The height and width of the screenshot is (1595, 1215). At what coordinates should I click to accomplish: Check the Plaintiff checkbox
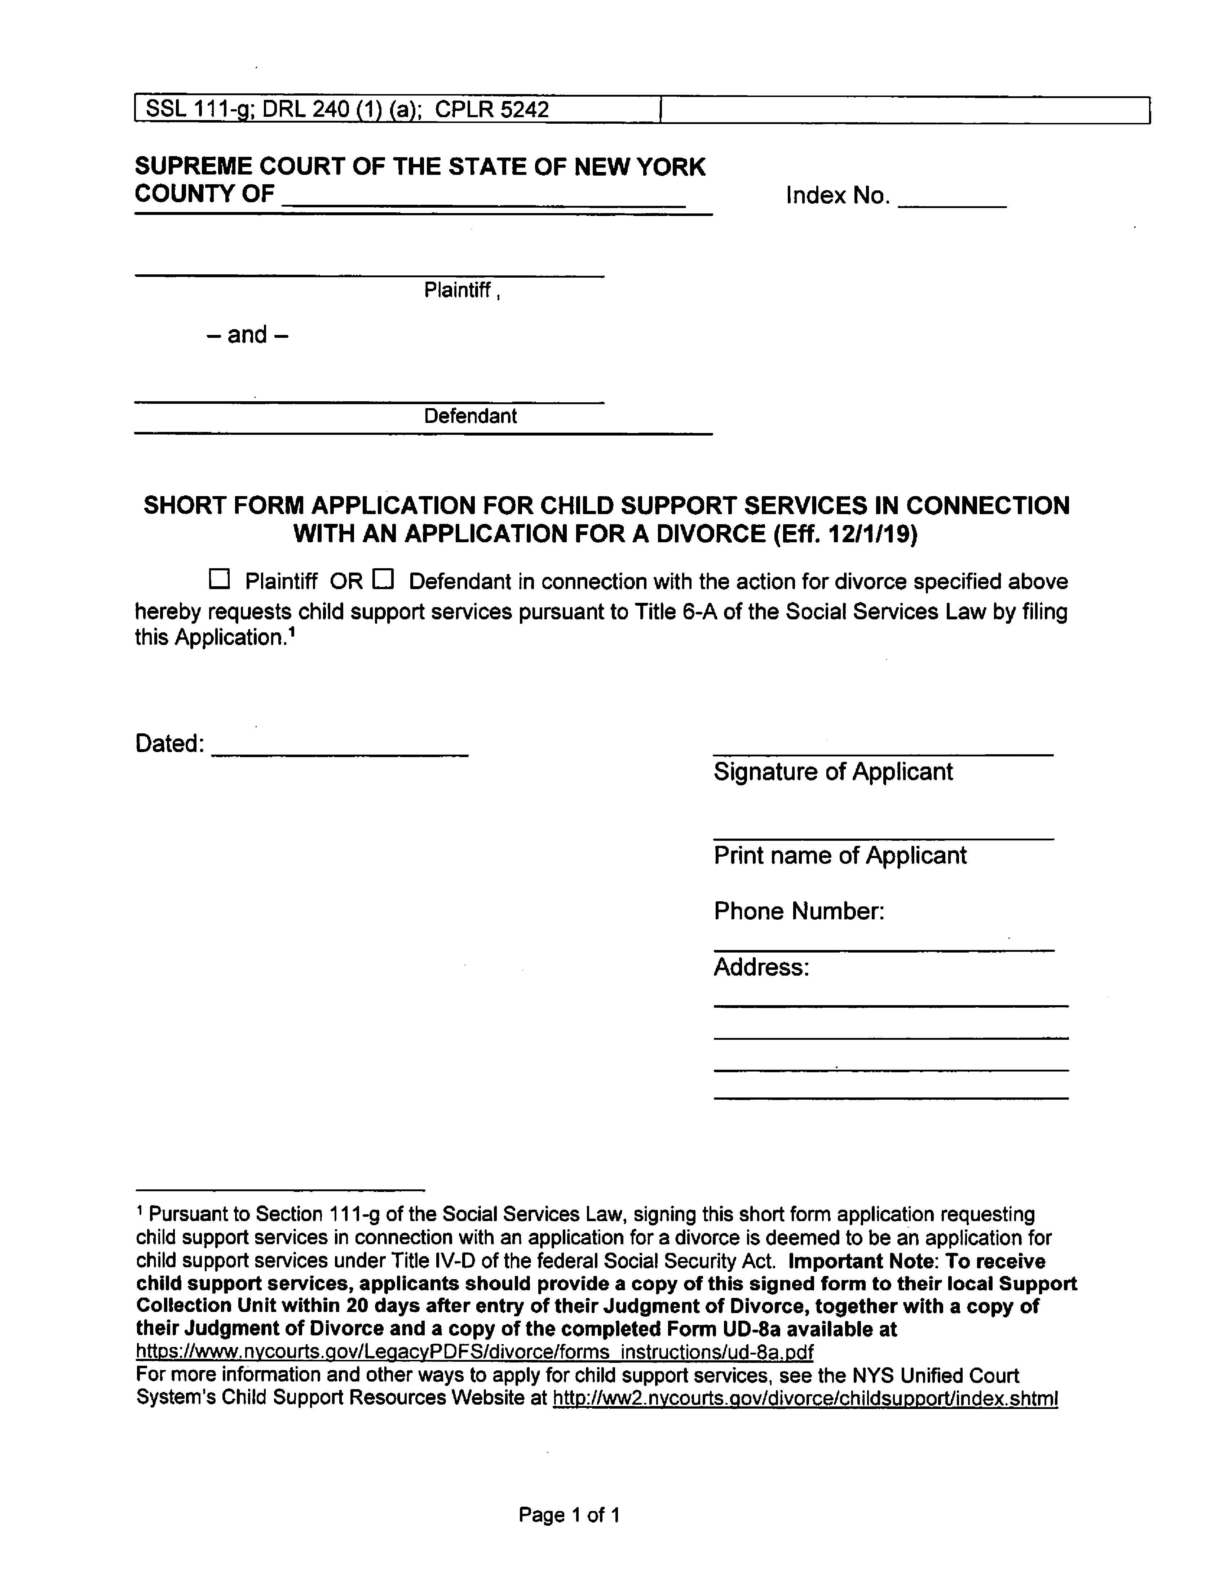point(218,579)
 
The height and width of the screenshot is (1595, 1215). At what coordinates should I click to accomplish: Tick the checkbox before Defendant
point(383,579)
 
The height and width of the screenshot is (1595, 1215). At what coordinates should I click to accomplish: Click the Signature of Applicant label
point(833,772)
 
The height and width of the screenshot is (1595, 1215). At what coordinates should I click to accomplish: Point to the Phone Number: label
point(799,911)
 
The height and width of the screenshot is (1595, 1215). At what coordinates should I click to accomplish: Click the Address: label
point(761,967)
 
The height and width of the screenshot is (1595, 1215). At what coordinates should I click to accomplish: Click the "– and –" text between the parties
point(247,335)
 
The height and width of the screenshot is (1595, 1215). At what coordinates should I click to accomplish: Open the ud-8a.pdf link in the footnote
point(474,1352)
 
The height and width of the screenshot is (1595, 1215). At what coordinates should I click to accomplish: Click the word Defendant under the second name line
point(470,416)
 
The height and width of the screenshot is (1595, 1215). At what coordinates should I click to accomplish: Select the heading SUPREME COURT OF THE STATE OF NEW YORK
point(419,167)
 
